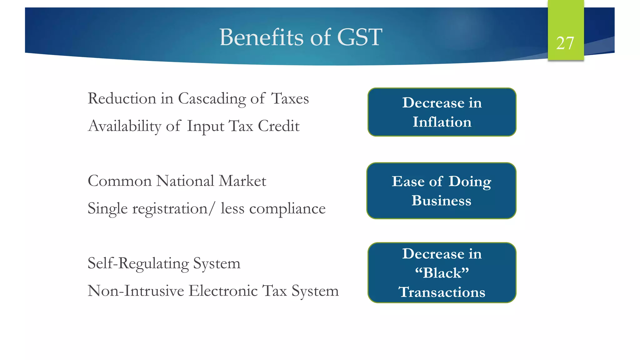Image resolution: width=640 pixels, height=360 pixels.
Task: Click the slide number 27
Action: tap(565, 43)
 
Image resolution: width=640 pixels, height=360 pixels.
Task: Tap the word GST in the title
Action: tap(360, 37)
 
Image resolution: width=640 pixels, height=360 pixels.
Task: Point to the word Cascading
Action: tap(212, 99)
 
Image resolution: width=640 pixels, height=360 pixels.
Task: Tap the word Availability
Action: tap(125, 127)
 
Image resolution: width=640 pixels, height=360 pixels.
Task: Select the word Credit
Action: tap(278, 126)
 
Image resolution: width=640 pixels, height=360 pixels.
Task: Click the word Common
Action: tap(120, 181)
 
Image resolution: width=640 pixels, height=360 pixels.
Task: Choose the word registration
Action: tap(170, 209)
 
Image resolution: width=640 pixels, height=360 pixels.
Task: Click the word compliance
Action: tap(287, 209)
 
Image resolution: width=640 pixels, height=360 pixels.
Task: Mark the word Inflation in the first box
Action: tap(442, 122)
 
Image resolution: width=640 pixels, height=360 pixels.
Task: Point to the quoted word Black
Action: tap(442, 273)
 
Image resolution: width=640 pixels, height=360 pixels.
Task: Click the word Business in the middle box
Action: tap(441, 201)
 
